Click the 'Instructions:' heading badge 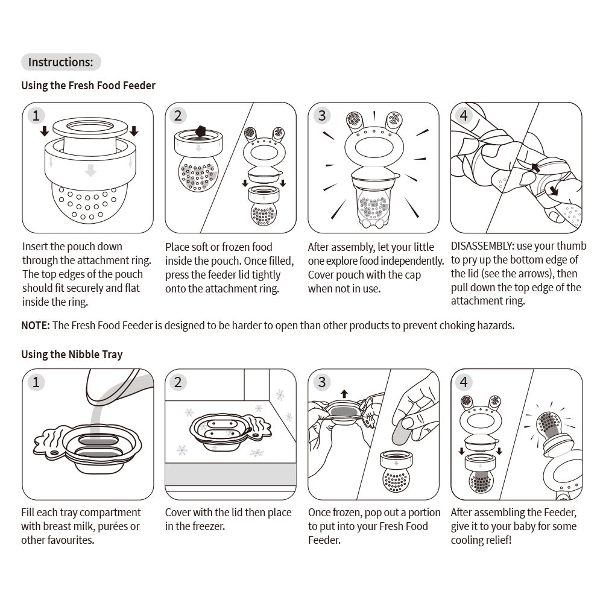(61, 62)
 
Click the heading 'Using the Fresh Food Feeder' (88, 86)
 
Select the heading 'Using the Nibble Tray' (72, 354)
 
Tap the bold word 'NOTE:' (36, 326)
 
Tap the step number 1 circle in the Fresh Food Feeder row (37, 115)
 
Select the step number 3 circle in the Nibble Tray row (322, 382)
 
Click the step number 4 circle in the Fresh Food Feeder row (464, 115)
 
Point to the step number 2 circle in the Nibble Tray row (179, 382)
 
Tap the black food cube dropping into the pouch (201, 132)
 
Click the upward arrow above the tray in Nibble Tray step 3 (344, 394)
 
